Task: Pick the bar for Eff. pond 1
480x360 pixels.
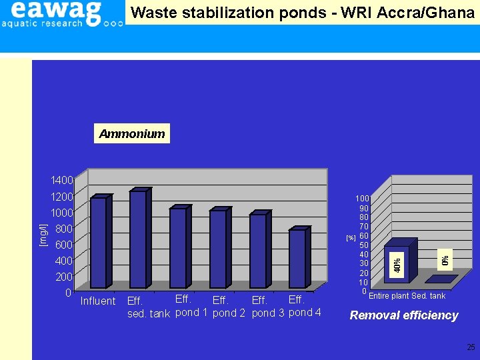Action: [x=179, y=247]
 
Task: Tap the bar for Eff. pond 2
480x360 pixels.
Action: [x=219, y=249]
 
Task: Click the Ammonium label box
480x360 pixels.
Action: [x=132, y=134]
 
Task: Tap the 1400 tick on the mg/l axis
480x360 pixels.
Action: [x=62, y=181]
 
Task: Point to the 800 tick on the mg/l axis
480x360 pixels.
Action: [x=64, y=229]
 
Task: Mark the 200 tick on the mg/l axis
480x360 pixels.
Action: [x=64, y=277]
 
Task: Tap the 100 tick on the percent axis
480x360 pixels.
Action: [x=362, y=199]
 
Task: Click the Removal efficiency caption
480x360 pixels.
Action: [x=404, y=315]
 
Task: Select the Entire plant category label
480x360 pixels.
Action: [x=389, y=297]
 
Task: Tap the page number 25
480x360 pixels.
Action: [x=471, y=347]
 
